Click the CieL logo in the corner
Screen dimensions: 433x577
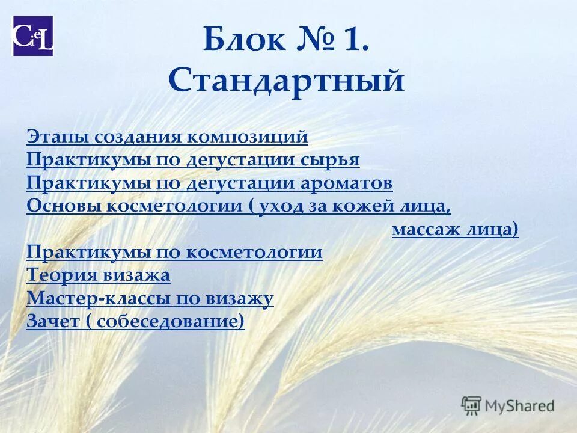(x=33, y=35)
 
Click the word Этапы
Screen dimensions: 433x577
(x=50, y=137)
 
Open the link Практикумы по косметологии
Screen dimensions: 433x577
(x=174, y=252)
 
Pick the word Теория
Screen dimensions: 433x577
(x=58, y=275)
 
